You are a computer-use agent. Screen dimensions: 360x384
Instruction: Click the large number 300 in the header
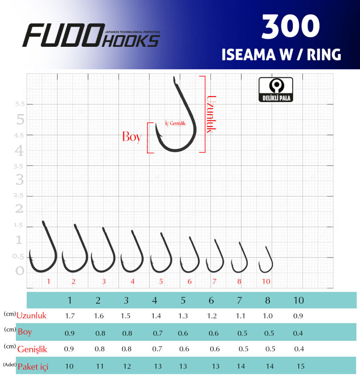(290, 26)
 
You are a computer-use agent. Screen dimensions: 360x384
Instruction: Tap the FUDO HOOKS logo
(91, 35)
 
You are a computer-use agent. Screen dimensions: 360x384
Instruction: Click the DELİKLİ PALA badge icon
(276, 89)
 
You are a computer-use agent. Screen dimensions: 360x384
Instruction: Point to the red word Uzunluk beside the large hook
(211, 114)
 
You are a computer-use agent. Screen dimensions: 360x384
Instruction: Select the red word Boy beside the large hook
(132, 137)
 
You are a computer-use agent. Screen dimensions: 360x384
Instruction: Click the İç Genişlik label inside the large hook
(175, 123)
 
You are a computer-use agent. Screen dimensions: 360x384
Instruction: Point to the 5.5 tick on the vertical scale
(20, 104)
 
